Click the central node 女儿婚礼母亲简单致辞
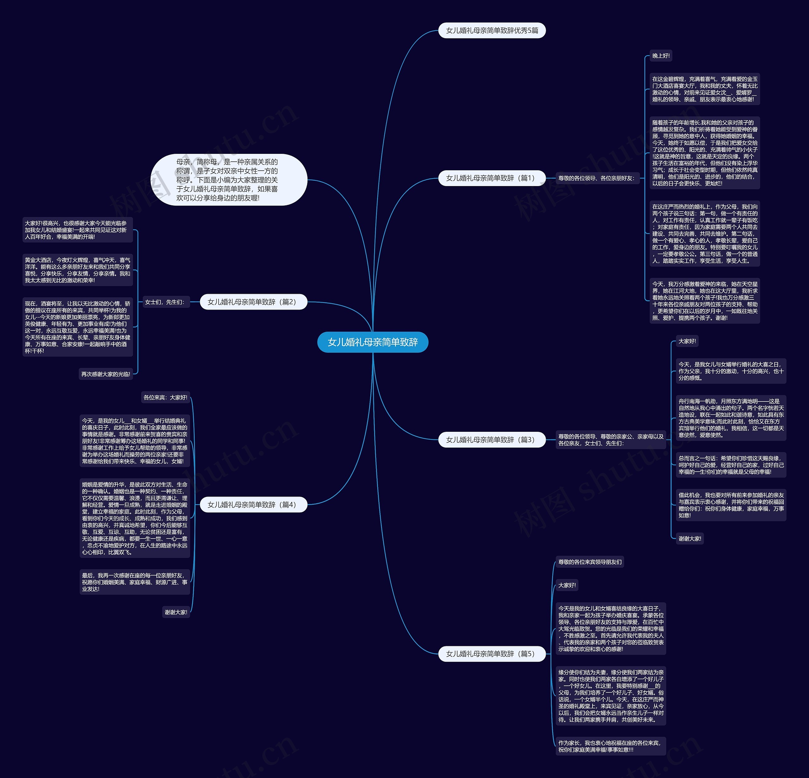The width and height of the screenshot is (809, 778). click(x=372, y=342)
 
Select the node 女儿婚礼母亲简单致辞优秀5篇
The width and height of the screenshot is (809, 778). click(x=492, y=31)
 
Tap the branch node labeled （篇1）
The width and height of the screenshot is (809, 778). click(x=492, y=178)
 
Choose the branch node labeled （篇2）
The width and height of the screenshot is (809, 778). click(x=253, y=302)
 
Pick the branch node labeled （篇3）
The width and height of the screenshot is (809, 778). click(x=492, y=440)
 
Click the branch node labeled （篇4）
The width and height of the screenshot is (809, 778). click(x=253, y=504)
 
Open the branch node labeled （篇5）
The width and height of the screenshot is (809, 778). click(x=492, y=654)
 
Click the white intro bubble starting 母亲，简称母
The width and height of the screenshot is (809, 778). click(x=229, y=180)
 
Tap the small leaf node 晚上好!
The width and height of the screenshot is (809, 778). click(x=661, y=56)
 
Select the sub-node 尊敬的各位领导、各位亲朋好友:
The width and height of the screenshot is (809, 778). click(x=596, y=178)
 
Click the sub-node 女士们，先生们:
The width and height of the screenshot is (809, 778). click(x=164, y=302)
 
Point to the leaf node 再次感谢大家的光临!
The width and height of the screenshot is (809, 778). click(x=106, y=374)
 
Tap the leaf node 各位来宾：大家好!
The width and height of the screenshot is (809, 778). click(x=165, y=398)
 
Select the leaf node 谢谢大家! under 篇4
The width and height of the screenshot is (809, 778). click(x=176, y=612)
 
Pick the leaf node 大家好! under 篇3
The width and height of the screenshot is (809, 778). click(x=687, y=341)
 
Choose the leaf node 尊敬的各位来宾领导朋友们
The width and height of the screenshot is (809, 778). click(x=590, y=562)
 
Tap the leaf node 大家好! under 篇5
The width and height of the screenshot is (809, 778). click(x=567, y=585)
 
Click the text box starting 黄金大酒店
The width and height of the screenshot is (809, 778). click(x=78, y=270)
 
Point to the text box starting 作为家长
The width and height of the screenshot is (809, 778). click(x=610, y=746)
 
